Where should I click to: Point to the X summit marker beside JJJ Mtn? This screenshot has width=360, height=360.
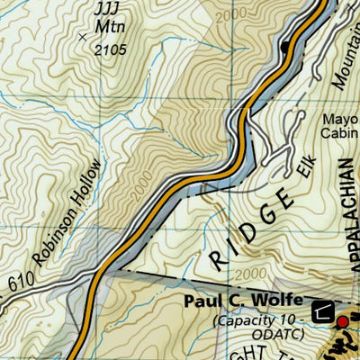point(84,37)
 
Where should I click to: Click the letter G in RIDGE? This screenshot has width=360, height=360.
point(266,215)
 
